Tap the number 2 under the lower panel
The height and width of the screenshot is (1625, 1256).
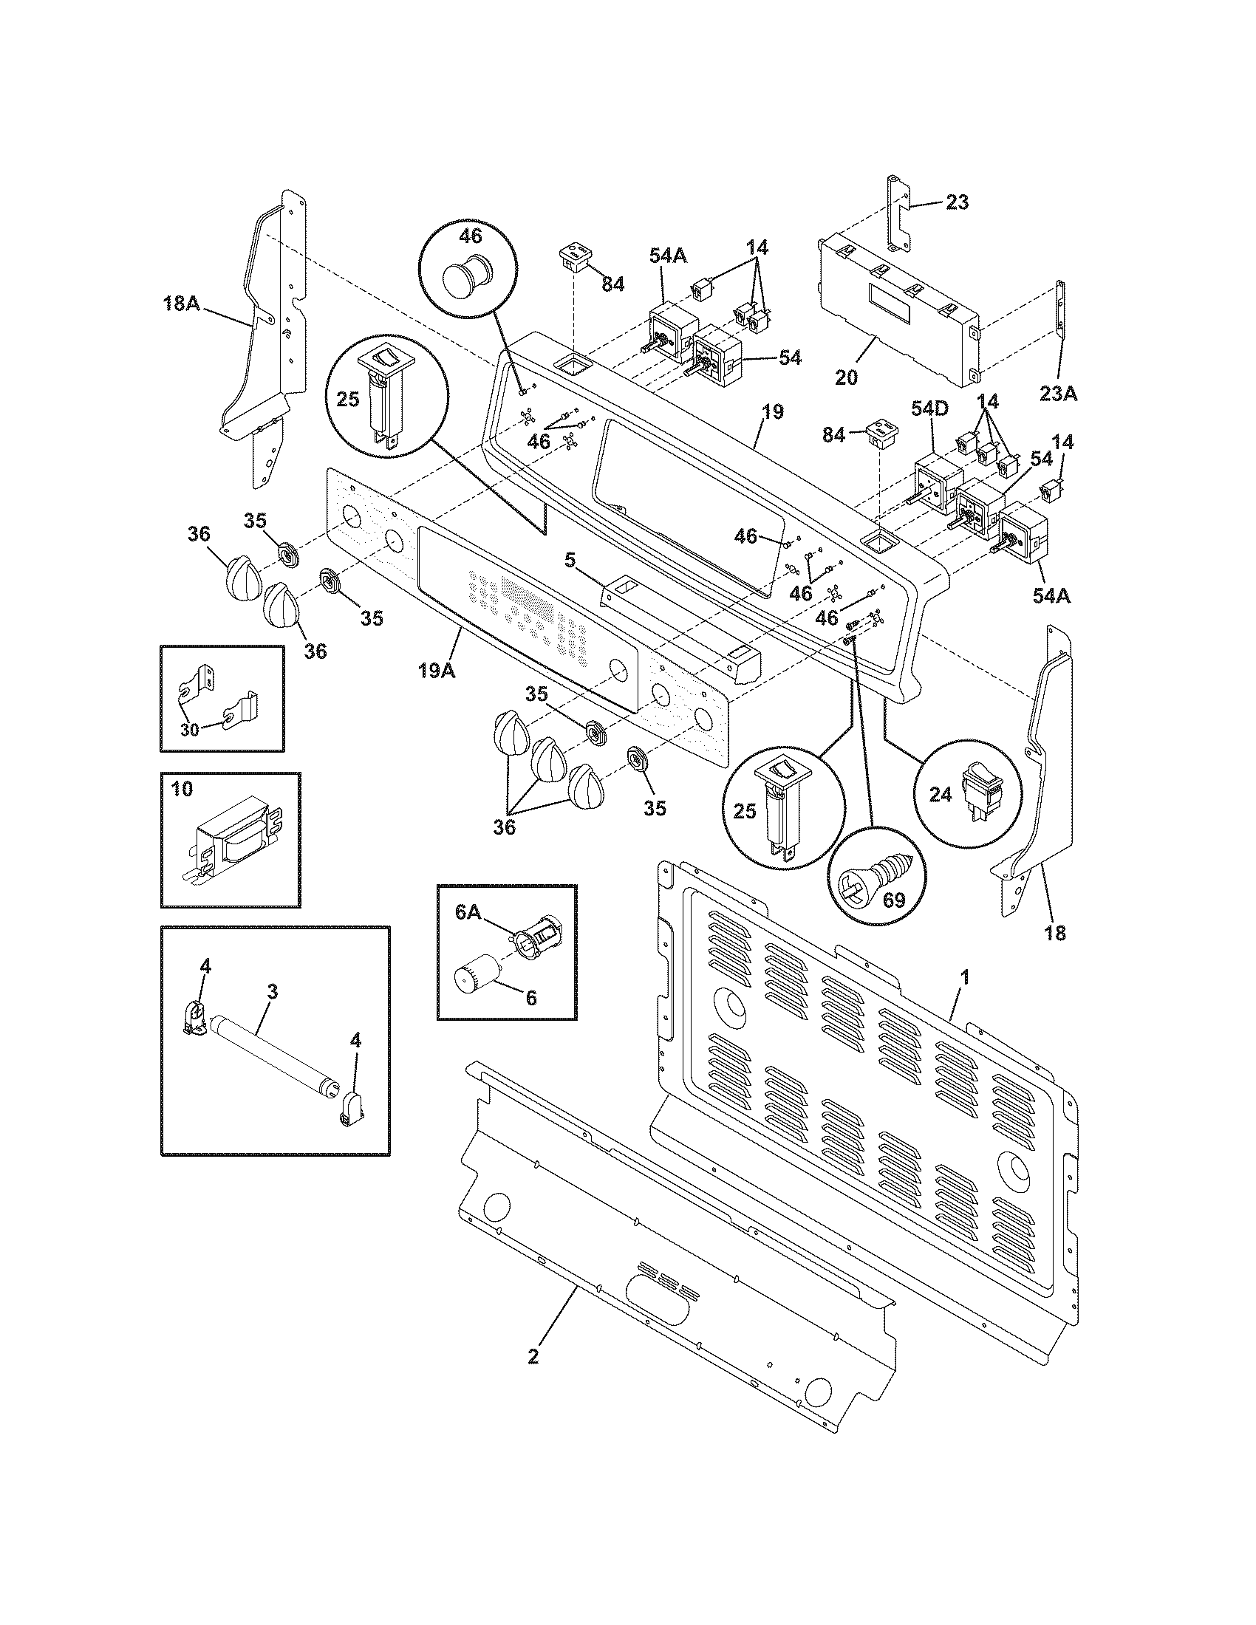(533, 1356)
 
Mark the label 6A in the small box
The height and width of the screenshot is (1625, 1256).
(468, 912)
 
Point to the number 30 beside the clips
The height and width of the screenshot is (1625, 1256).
(189, 729)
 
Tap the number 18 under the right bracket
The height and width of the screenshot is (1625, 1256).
(1055, 932)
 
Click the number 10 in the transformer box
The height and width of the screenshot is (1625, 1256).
(182, 788)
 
